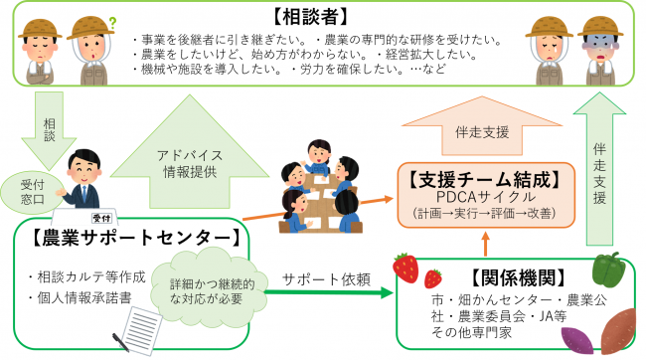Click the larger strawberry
click(405, 266)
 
